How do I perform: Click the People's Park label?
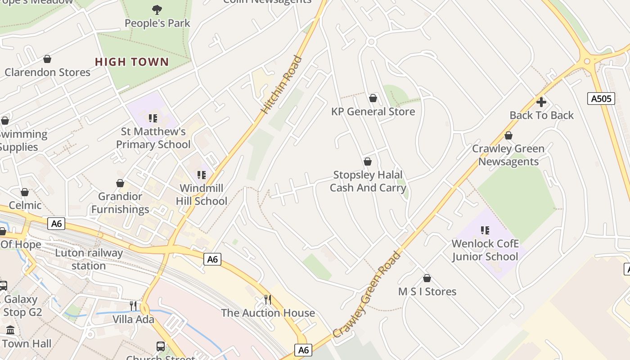pos(157,23)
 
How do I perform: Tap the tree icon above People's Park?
pos(157,9)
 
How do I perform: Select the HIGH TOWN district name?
pos(132,62)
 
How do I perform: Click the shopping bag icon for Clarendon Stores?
pos(47,59)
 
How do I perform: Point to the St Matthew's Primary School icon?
pos(153,118)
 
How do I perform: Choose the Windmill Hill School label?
pos(201,194)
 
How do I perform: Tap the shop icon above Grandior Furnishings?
pos(120,183)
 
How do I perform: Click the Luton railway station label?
pos(89,259)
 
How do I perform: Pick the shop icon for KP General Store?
pos(373,98)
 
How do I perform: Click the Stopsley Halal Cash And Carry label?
pos(368,181)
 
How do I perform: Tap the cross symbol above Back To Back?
pos(541,102)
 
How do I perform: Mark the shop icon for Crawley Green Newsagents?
pos(508,135)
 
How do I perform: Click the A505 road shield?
pos(601,98)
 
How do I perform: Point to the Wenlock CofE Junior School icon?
pos(485,230)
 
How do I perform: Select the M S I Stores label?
pos(427,292)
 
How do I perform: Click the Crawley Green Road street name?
pos(367,295)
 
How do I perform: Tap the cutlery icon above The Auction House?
pos(268,300)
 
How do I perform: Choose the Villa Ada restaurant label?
pos(133,319)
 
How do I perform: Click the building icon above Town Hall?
pos(11,331)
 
